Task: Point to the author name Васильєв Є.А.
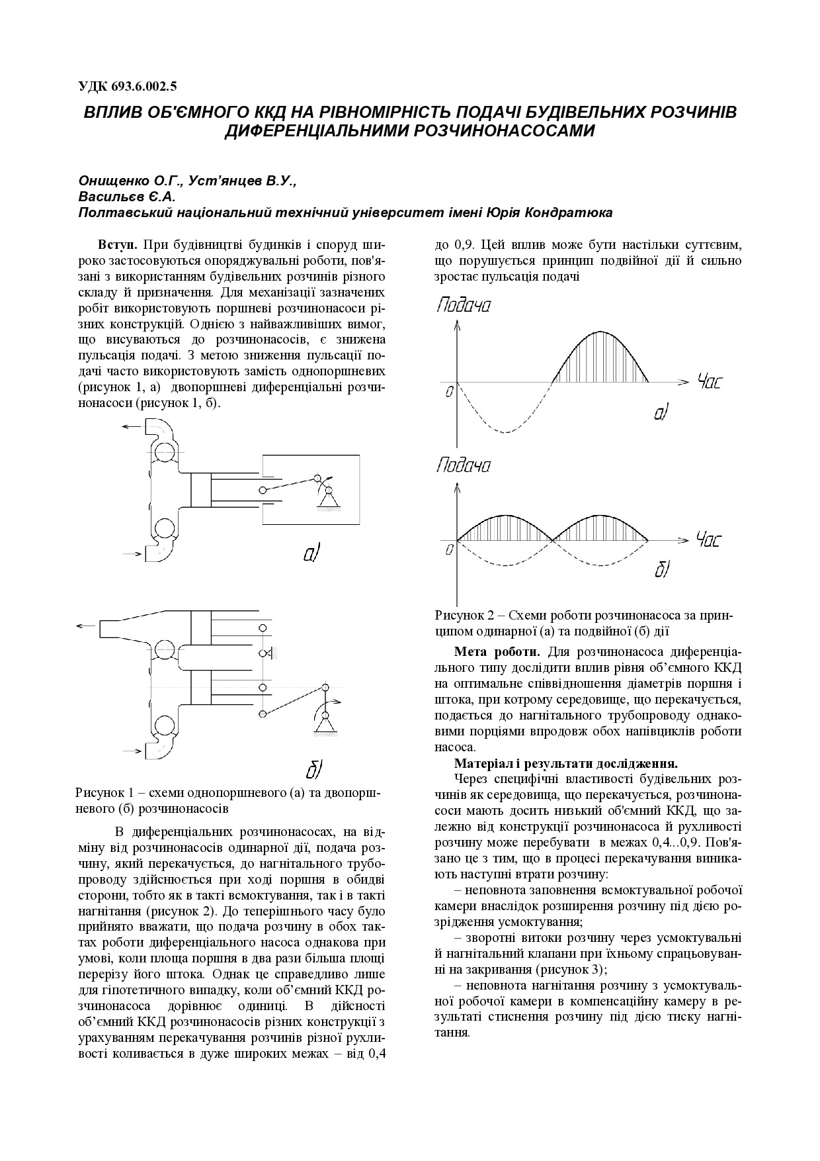tap(126, 197)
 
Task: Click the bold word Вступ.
tap(118, 244)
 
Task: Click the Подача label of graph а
tap(463, 306)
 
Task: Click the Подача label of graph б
tap(463, 466)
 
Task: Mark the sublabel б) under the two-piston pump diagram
tap(313, 769)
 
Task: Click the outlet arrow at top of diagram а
tap(131, 428)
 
